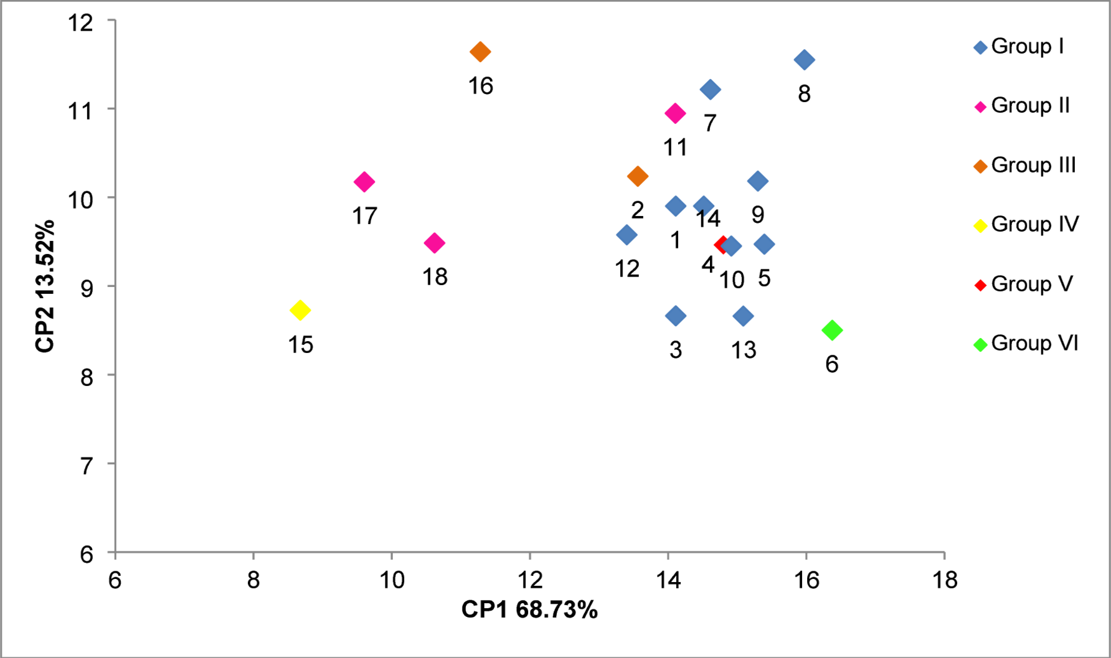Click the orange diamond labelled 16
480,52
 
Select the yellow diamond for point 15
300,310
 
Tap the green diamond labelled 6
832,330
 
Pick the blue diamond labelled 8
804,60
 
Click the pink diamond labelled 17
364,182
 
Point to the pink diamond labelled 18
434,243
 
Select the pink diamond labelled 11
675,113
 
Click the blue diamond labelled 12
626,235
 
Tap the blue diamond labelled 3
676,316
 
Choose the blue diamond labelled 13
742,316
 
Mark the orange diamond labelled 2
637,176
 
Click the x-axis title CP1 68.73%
529,610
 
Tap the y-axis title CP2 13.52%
45,286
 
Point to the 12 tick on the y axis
81,23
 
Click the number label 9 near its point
757,215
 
